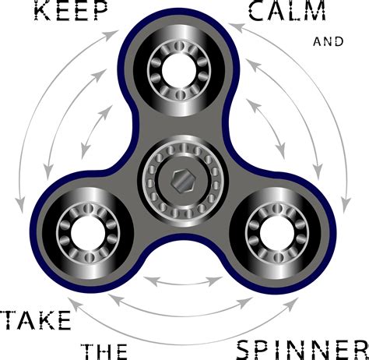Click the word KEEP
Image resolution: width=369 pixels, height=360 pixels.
tap(71, 10)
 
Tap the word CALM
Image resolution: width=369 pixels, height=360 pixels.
tap(287, 10)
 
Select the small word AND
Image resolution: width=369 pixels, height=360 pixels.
tap(329, 42)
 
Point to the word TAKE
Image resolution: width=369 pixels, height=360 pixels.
tap(37, 320)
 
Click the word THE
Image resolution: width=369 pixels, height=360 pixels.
tap(104, 351)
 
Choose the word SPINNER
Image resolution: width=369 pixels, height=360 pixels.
tap(303, 350)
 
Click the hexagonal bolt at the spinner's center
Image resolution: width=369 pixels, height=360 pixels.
tap(183, 181)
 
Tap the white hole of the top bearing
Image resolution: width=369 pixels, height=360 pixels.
tap(179, 70)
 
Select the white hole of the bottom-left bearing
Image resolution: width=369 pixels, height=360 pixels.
tap(88, 233)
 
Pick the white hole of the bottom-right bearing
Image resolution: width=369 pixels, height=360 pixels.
tap(276, 233)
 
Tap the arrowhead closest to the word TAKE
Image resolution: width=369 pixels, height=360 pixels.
tap(74, 303)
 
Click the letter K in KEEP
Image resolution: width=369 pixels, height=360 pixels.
tap(43, 10)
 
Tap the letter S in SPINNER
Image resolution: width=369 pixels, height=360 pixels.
tap(245, 350)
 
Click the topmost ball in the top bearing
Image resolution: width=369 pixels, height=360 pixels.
tap(179, 46)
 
